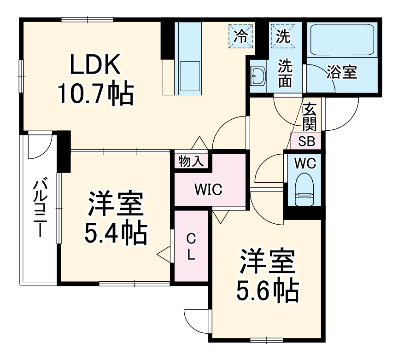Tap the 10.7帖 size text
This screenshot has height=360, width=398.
coord(95,94)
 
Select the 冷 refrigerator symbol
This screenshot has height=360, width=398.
coord(241,35)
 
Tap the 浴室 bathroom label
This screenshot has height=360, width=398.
coord(342,72)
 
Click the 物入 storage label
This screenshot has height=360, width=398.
coord(191,161)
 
